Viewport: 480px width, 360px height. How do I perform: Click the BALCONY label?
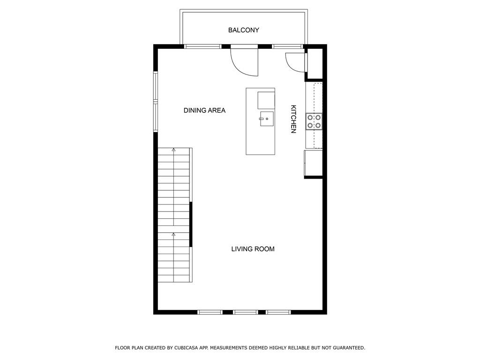click(x=244, y=30)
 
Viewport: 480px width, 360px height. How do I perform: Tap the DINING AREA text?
click(x=204, y=110)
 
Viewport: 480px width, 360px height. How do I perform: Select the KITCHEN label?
click(x=293, y=119)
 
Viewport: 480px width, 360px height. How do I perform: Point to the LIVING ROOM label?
click(x=253, y=249)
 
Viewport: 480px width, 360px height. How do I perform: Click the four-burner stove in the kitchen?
click(x=314, y=121)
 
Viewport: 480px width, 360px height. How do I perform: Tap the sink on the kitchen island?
click(x=266, y=119)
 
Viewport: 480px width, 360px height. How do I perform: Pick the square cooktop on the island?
click(x=266, y=100)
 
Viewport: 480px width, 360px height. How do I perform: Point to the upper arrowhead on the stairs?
click(x=173, y=150)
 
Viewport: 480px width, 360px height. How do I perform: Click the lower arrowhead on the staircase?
click(x=173, y=234)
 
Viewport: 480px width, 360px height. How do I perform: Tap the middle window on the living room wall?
click(x=245, y=312)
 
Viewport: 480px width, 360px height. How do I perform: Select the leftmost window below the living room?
click(x=210, y=312)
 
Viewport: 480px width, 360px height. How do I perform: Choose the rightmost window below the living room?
click(x=278, y=312)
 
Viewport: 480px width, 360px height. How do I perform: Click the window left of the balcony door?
click(x=202, y=46)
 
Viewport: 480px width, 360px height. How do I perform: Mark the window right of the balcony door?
click(x=287, y=46)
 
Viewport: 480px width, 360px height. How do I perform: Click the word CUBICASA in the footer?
click(x=186, y=348)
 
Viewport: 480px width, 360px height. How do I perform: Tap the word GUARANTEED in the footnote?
click(x=349, y=348)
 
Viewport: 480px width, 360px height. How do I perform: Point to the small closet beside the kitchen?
click(x=315, y=63)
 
